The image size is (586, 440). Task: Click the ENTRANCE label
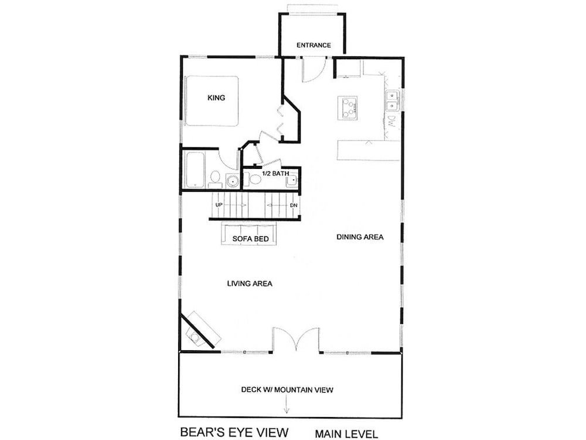314,45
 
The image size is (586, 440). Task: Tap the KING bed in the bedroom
212,101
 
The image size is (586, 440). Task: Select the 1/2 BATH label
275,174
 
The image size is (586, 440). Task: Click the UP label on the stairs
219,205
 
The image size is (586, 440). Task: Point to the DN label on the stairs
294,205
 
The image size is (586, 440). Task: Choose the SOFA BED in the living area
249,233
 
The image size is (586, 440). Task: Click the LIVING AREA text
250,283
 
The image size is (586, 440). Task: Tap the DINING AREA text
360,237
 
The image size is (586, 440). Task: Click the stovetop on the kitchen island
347,108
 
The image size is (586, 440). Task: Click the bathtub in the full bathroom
195,170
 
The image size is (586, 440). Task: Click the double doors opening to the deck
296,339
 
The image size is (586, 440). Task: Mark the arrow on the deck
287,405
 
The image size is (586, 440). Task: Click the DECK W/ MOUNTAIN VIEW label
287,390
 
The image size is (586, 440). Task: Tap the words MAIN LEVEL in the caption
346,434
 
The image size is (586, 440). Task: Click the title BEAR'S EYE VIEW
234,432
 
